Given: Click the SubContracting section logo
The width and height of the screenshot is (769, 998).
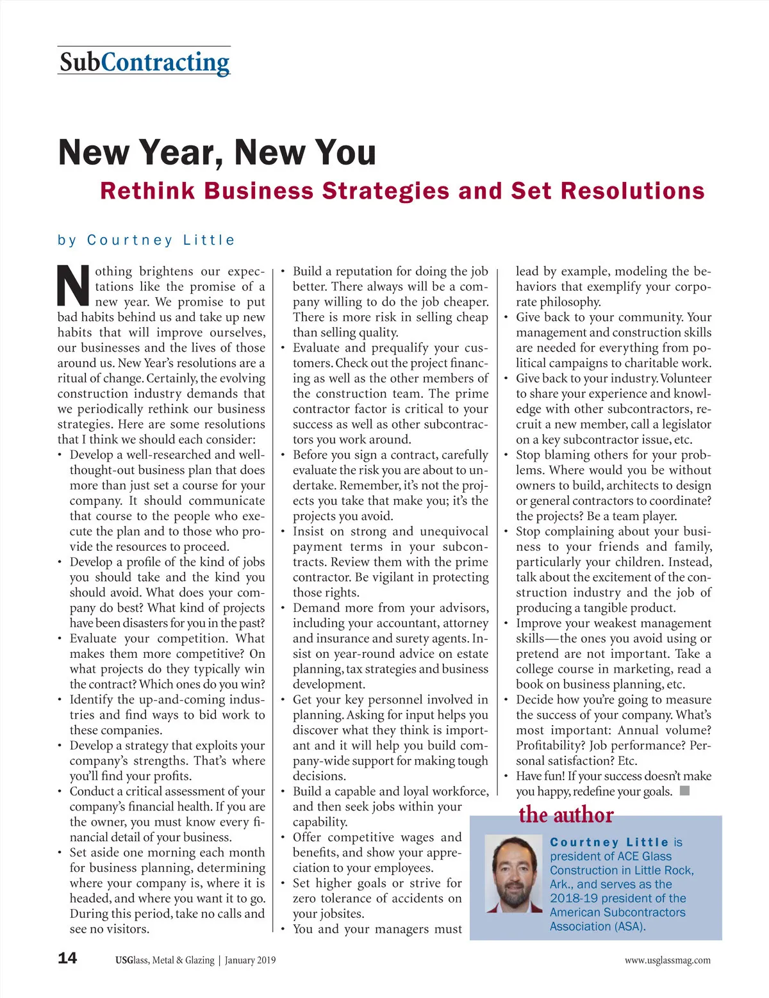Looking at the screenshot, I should tap(144, 62).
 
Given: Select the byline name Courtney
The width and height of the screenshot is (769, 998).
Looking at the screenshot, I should tap(129, 240).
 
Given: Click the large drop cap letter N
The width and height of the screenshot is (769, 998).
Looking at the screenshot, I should tap(74, 286).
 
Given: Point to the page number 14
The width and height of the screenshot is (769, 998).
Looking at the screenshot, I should tap(67, 958).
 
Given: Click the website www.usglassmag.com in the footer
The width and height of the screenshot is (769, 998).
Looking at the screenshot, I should tap(667, 960).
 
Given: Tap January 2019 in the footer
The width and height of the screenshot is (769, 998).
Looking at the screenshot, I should tap(250, 960).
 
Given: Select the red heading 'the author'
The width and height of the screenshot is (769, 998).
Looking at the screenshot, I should tap(566, 815).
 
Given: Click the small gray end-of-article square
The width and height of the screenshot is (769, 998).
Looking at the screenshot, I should tap(684, 790).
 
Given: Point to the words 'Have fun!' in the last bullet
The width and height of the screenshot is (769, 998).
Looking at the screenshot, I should tap(540, 776).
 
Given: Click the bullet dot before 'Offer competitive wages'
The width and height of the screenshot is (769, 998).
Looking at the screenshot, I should tap(283, 837).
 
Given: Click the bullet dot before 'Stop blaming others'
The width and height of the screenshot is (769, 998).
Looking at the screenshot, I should tap(506, 455).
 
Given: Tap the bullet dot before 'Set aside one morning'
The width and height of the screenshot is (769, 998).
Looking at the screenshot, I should tap(60, 853).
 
